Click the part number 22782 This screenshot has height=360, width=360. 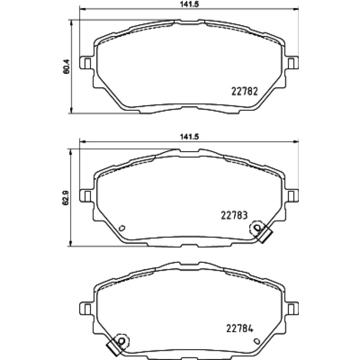click(245, 91)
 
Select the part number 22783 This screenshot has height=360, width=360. click(234, 216)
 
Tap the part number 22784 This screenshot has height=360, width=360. click(240, 328)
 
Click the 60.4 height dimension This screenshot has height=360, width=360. click(66, 67)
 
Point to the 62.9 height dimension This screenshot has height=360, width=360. click(66, 197)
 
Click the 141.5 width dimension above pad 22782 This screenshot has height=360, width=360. click(189, 4)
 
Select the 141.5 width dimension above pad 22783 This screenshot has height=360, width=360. click(189, 137)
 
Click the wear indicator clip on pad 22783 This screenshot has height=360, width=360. click(261, 231)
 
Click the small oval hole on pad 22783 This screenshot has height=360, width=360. click(122, 228)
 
